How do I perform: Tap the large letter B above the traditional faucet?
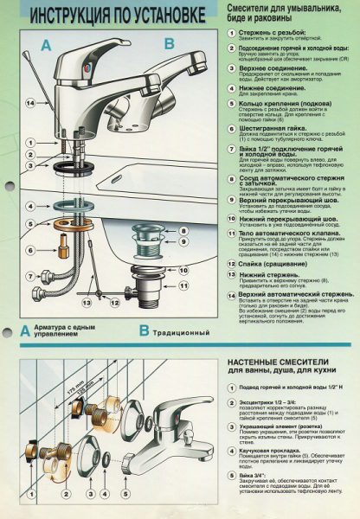pos(170,41)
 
